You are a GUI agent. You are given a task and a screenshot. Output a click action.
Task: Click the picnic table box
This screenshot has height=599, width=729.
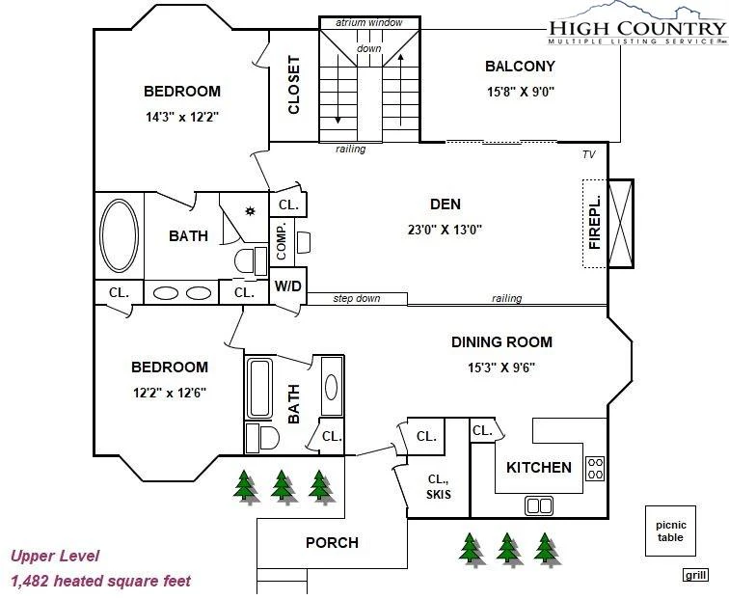pos(670,531)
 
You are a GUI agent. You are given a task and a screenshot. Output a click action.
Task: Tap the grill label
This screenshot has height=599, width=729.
pos(695,575)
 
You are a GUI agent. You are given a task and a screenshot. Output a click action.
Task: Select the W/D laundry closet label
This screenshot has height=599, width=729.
pos(287,286)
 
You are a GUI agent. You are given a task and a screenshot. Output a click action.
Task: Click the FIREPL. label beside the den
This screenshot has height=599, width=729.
pos(595,223)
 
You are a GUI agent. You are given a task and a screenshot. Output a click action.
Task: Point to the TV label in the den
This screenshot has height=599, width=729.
pos(588,154)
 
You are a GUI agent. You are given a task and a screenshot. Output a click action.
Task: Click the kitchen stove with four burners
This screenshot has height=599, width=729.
pos(595,469)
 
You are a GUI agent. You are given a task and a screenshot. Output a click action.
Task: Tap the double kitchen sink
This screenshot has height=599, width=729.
pos(539,505)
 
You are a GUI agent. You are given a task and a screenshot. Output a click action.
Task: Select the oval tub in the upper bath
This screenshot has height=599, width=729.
pos(119,235)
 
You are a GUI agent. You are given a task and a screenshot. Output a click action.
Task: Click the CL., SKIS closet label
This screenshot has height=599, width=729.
pos(439,486)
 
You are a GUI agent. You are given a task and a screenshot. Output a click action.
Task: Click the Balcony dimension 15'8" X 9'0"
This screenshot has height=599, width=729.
pos(521,91)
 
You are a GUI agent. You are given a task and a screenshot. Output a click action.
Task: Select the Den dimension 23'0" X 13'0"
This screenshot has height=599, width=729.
pos(445,230)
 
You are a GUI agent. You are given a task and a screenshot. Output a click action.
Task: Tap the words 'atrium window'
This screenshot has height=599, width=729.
pos(369,23)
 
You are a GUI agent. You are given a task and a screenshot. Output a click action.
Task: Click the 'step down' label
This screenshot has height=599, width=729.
pos(357,299)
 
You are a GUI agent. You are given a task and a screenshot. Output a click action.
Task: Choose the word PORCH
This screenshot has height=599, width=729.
pos(332,543)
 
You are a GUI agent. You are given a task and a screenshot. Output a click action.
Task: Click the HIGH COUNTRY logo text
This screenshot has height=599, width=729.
pos(637,28)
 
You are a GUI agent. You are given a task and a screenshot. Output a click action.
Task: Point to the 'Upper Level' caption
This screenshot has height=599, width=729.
pos(55,556)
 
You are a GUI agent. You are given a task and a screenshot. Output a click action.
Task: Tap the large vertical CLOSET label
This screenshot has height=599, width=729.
pos(293,85)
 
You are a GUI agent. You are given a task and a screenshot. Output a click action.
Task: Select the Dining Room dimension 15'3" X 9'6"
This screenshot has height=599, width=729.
pos(501,368)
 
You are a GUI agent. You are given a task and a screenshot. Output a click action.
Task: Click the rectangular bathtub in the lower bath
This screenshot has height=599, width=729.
pos(259,389)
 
